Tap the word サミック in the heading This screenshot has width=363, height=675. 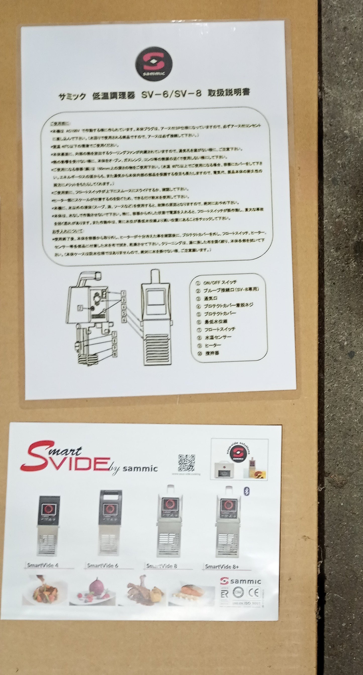tap(72, 96)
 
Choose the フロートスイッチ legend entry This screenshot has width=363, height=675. tap(219, 329)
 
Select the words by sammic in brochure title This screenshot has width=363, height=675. tap(134, 468)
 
